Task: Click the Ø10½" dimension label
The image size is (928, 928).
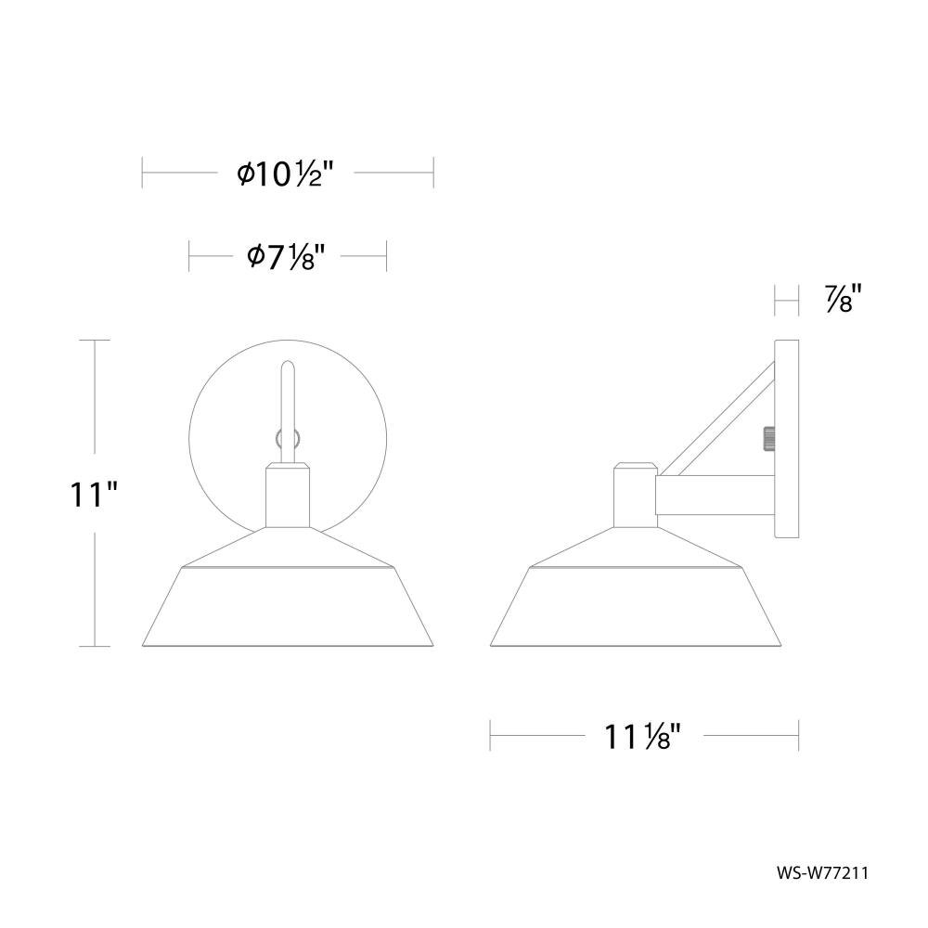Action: pos(286,174)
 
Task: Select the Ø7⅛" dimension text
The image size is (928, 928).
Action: pos(287,257)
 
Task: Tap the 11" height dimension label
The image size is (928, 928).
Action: pos(94,495)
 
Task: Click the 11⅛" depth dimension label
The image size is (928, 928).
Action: pos(642,737)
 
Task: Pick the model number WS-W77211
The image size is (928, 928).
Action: pos(822,873)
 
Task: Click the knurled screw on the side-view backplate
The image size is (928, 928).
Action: pos(769,439)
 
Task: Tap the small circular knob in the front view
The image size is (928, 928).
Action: pos(289,439)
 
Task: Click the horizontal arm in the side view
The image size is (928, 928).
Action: pos(715,495)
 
